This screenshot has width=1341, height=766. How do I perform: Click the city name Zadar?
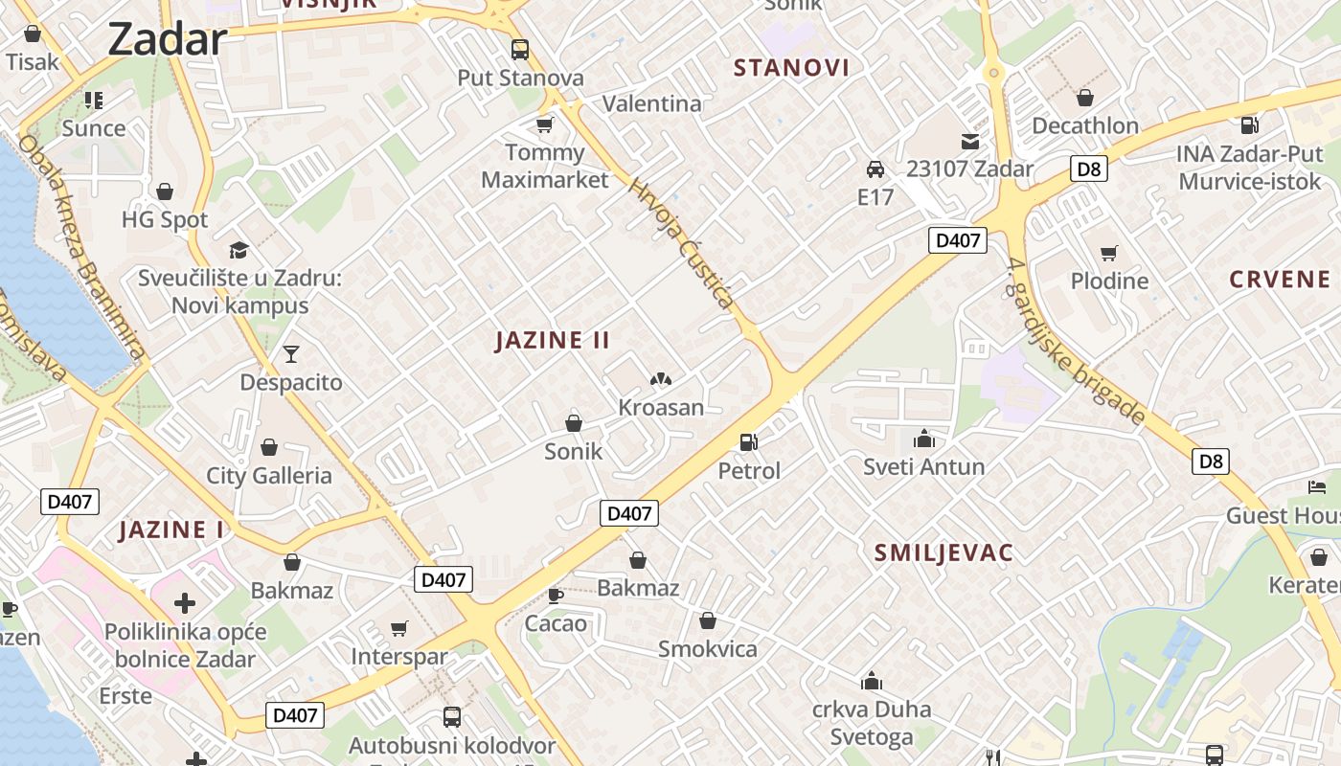pos(167,40)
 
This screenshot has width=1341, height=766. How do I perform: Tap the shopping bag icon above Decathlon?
pos(1085,98)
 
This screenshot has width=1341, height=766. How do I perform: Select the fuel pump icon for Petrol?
pos(749,442)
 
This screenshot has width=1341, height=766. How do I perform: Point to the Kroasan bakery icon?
pos(660,380)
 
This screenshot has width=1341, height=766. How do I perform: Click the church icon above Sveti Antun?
pos(924,439)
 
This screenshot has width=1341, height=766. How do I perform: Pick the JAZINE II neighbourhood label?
pos(553,340)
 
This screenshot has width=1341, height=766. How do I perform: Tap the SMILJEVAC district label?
pos(943,552)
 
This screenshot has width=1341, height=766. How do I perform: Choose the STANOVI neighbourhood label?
pos(791,67)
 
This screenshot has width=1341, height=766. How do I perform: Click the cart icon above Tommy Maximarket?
pos(545,124)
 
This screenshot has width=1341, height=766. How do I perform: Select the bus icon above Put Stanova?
pos(520,50)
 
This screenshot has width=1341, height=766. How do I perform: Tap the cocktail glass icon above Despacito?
pos(291,354)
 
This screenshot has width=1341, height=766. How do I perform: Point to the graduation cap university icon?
pos(239,250)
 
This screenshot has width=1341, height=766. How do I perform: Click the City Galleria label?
pos(269,476)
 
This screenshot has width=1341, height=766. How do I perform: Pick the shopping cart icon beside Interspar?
pos(399,629)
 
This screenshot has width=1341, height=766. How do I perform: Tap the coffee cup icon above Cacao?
pos(555,596)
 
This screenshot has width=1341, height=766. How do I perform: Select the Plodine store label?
pos(1109,281)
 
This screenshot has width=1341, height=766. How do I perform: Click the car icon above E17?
pos(875,169)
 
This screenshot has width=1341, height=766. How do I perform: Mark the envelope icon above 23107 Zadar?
pos(970,142)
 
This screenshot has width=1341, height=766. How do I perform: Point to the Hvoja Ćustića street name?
pos(682,243)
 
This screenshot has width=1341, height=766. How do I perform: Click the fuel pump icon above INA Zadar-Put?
pos(1249,124)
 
